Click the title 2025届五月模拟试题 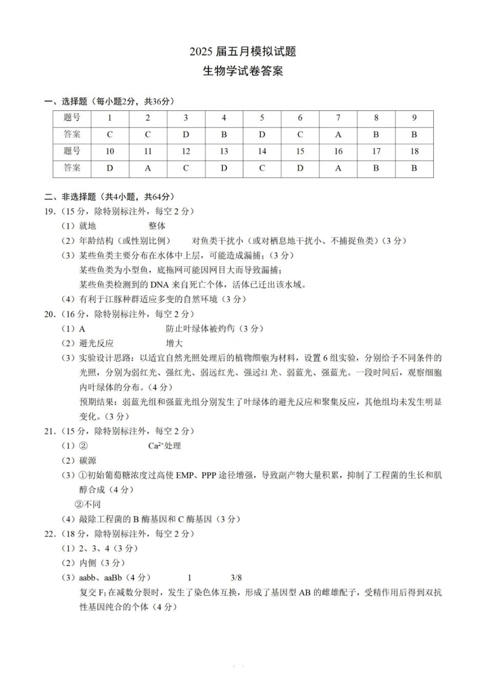pyautogui.click(x=242, y=51)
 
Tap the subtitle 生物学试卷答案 pyautogui.click(x=242, y=71)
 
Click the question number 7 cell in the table pyautogui.click(x=338, y=118)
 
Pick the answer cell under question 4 pyautogui.click(x=224, y=134)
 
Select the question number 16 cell pyautogui.click(x=338, y=151)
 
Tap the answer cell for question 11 pyautogui.click(x=148, y=168)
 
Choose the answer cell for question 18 pyautogui.click(x=414, y=168)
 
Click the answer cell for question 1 pyautogui.click(x=110, y=134)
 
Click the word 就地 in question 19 pyautogui.click(x=88, y=226)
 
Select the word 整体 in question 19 pyautogui.click(x=157, y=226)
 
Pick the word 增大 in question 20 pyautogui.click(x=174, y=343)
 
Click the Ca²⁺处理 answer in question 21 pyautogui.click(x=165, y=446)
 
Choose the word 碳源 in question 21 pyautogui.click(x=88, y=461)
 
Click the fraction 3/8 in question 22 pyautogui.click(x=236, y=578)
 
